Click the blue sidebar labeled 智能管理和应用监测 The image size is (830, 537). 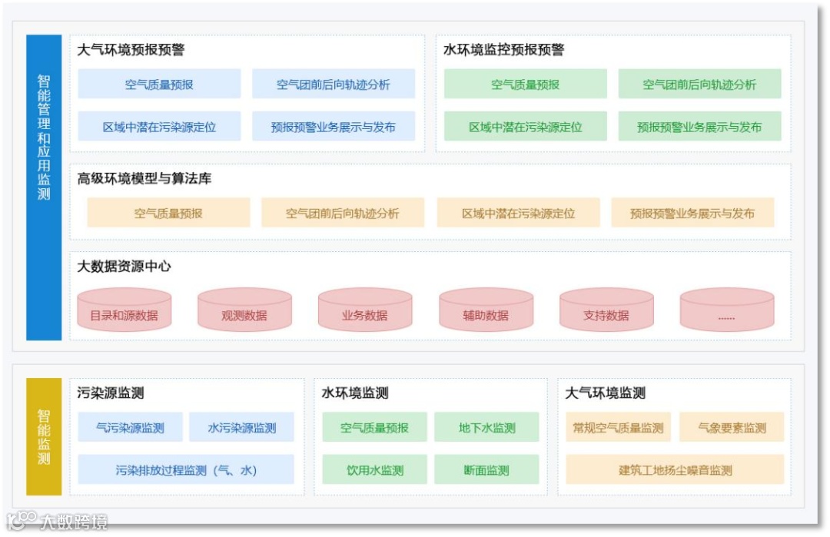(x=44, y=187)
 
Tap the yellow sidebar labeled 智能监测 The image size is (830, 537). (x=44, y=436)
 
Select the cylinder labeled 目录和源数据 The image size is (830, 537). (x=124, y=310)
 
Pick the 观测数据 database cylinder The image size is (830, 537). (x=244, y=310)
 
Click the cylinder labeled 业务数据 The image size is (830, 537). (x=365, y=310)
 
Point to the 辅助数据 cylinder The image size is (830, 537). (x=486, y=310)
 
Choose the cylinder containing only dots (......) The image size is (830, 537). (x=726, y=310)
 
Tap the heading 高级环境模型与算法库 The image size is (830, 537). (x=144, y=178)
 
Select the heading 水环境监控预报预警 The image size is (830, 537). (x=503, y=50)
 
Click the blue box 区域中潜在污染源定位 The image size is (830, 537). (x=159, y=127)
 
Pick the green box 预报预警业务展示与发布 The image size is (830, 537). (x=699, y=127)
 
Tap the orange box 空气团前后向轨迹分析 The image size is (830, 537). (x=343, y=214)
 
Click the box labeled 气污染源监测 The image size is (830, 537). (x=130, y=428)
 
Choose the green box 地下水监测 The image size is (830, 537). (x=487, y=428)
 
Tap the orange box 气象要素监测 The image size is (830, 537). (x=732, y=428)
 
